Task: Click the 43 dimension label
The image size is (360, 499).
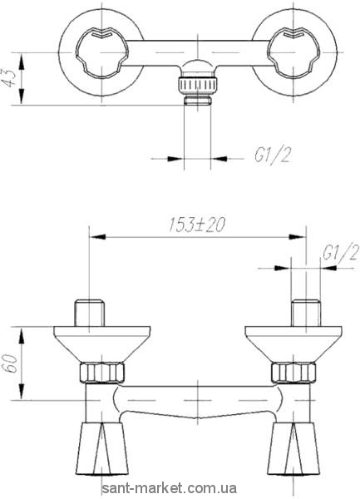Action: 9,78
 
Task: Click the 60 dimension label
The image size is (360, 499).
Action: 10,363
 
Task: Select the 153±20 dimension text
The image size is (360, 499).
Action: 196,225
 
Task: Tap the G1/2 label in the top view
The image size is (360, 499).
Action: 272,156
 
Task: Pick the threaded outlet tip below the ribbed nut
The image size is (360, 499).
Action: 198,101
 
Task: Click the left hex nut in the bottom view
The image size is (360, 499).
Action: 101,373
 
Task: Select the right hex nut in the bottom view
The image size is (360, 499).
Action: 293,373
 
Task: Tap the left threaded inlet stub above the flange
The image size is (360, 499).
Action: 89,313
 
